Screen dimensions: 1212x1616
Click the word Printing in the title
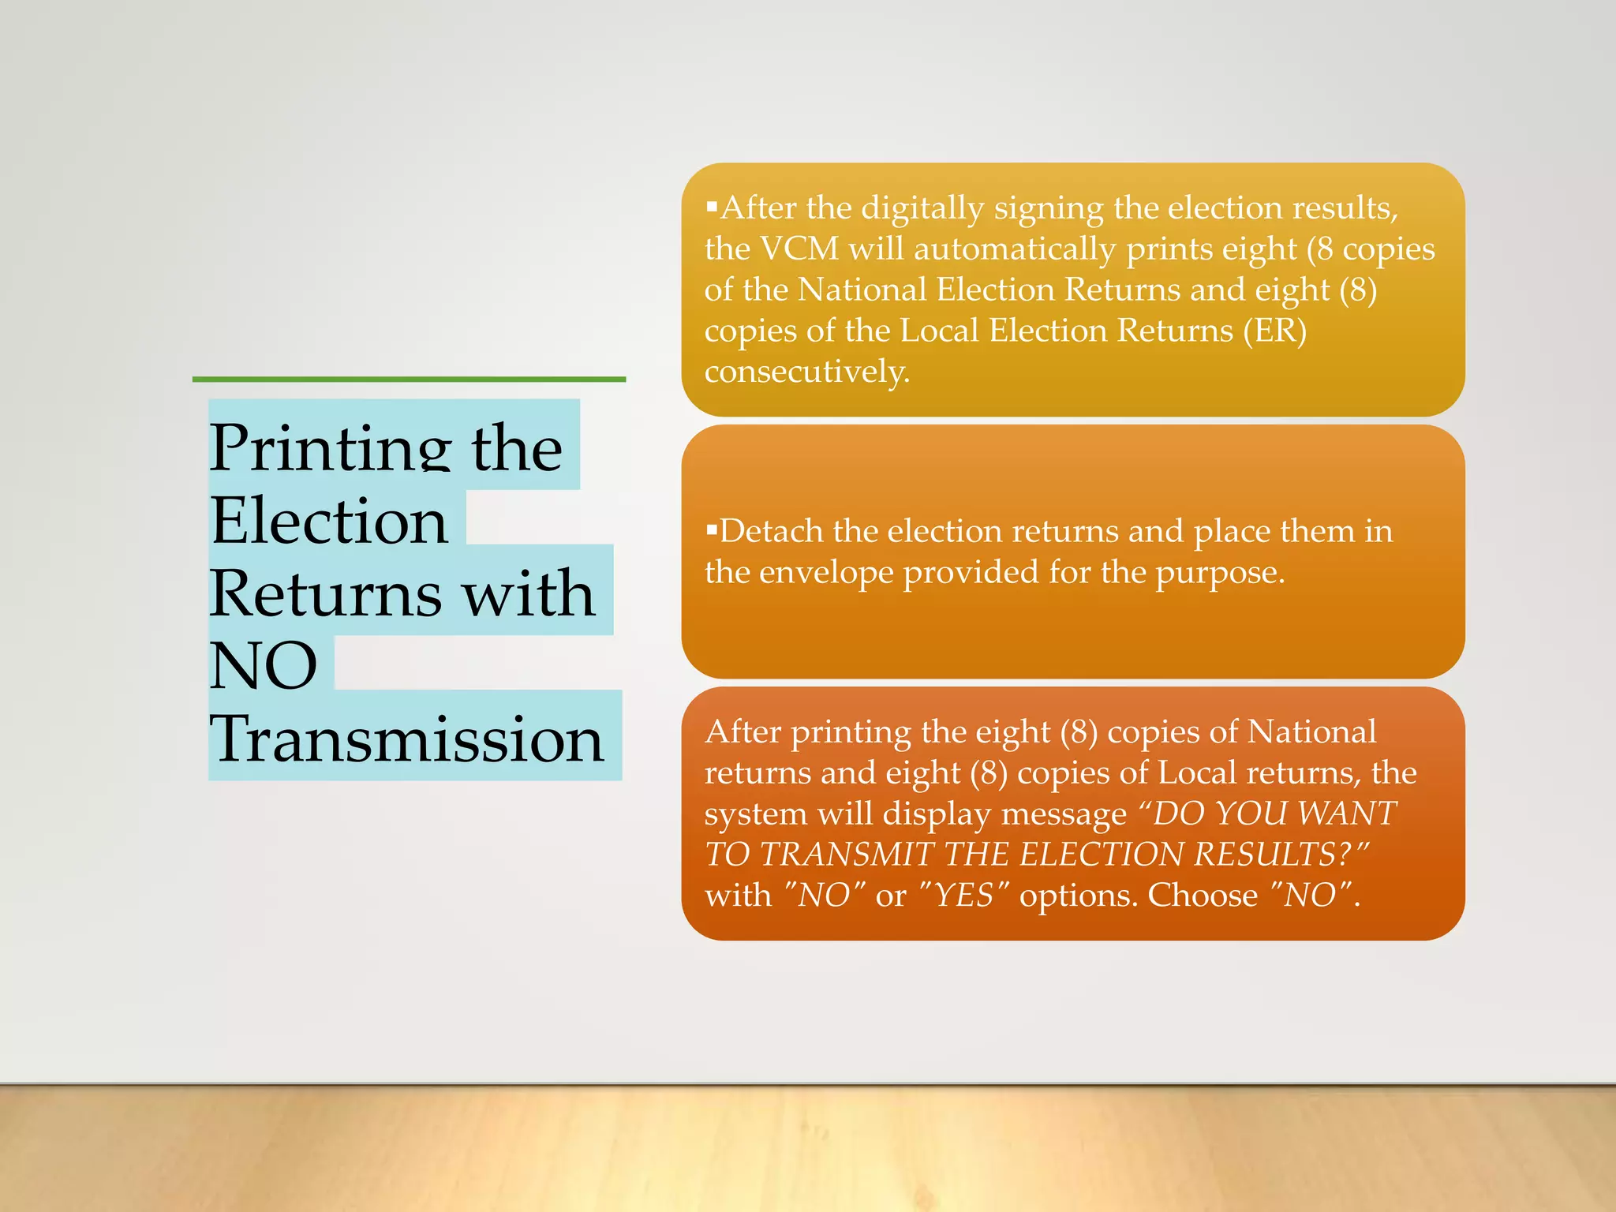click(329, 448)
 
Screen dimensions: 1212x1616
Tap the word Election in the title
click(329, 521)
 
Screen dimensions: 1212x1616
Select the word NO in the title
click(264, 665)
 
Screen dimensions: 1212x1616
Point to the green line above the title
click(409, 380)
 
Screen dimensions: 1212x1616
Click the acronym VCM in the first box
click(799, 249)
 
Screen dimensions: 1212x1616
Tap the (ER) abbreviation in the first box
click(1274, 331)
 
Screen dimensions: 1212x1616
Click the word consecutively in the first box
click(806, 371)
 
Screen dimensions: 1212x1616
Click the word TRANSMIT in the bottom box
click(847, 855)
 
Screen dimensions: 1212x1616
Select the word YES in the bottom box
click(963, 896)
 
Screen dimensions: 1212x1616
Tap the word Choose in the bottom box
click(1203, 896)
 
